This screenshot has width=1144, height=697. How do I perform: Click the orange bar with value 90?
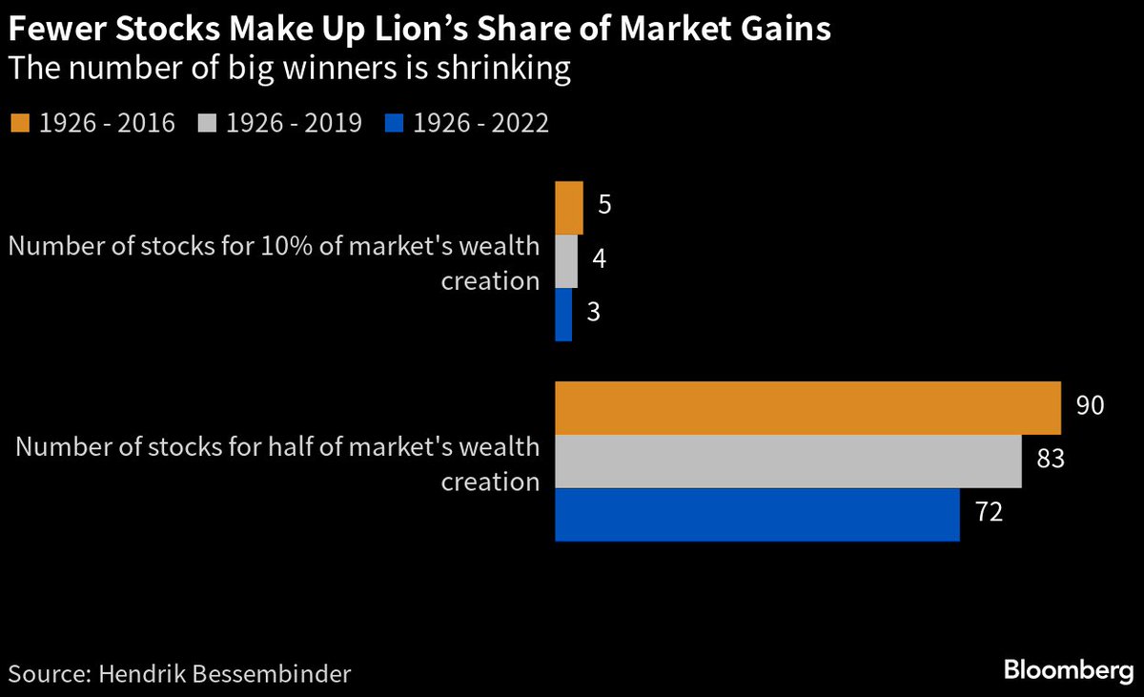807,408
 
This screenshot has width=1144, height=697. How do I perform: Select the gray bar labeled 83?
787,461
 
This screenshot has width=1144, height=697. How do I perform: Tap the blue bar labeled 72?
756,515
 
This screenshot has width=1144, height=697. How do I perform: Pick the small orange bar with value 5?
568,207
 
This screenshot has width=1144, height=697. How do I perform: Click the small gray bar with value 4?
565,260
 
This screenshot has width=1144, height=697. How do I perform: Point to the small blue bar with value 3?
562,314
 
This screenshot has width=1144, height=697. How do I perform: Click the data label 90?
1090,405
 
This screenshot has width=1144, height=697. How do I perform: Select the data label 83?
1051,460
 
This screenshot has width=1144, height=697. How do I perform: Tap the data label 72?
988,513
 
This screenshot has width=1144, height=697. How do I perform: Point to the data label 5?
604,206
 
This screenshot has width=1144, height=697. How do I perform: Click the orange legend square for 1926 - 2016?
20,124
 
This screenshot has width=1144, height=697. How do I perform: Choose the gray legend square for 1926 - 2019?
207,124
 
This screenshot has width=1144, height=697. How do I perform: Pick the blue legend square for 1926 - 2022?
394,124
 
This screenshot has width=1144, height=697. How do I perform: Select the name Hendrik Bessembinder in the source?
221,674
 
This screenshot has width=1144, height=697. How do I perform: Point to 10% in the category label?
277,246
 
